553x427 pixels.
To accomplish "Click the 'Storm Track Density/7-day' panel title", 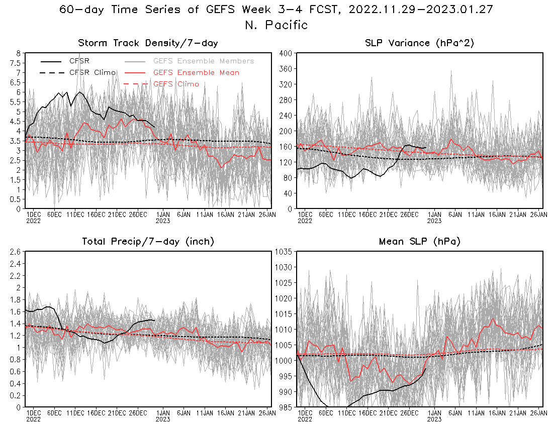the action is pyautogui.click(x=148, y=43).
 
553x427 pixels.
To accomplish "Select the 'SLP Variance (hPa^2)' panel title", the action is pyautogui.click(x=419, y=43).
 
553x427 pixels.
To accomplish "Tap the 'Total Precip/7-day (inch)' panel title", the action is pyautogui.click(x=148, y=241).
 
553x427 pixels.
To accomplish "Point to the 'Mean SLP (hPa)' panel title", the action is pyautogui.click(x=420, y=241).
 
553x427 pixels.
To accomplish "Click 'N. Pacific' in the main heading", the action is pyautogui.click(x=276, y=25).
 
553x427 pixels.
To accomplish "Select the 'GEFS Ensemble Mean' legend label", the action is pyautogui.click(x=196, y=72).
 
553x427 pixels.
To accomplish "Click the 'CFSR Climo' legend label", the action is pyautogui.click(x=93, y=72).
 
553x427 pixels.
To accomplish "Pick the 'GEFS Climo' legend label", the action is pyautogui.click(x=176, y=84).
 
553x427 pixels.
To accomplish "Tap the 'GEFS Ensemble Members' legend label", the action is pyautogui.click(x=204, y=61).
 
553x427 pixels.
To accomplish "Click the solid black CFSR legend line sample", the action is pyautogui.click(x=51, y=61).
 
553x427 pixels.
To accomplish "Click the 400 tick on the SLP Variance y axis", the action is pyautogui.click(x=286, y=53).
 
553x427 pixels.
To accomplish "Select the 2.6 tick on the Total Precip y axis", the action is pyautogui.click(x=15, y=252).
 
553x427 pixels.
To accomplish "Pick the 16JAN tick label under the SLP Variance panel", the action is pyautogui.click(x=497, y=215).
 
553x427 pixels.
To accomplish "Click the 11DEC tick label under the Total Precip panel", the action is pyautogui.click(x=75, y=413).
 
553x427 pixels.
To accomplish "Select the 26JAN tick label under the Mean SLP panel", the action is pyautogui.click(x=538, y=413).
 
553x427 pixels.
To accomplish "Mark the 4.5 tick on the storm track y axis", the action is pyautogui.click(x=16, y=122).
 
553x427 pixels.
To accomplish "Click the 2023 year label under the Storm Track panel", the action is pyautogui.click(x=163, y=221).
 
